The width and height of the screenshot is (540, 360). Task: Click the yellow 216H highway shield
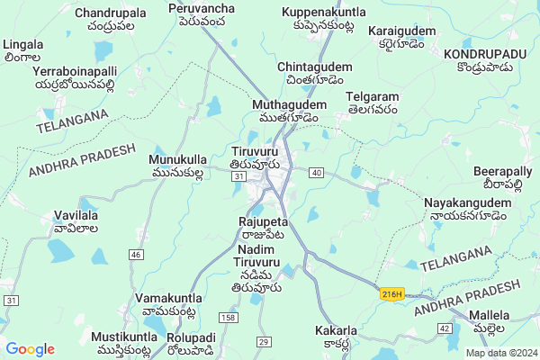pyautogui.click(x=391, y=293)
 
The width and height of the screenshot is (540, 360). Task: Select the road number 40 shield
pyautogui.click(x=316, y=171)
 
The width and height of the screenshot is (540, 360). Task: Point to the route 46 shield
pyautogui.click(x=136, y=255)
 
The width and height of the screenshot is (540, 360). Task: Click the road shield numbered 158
pyautogui.click(x=228, y=318)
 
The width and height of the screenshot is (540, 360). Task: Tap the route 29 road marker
pyautogui.click(x=264, y=341)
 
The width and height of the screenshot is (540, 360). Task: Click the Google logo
pyautogui.click(x=30, y=349)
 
